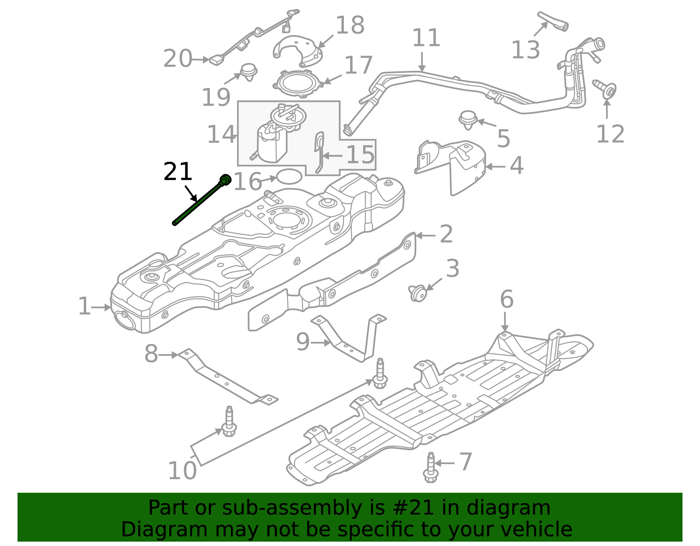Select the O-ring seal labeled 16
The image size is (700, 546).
[x=289, y=177]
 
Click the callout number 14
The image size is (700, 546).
[x=221, y=134]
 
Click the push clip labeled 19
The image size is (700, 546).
[x=249, y=71]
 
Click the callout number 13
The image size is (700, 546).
[x=525, y=50]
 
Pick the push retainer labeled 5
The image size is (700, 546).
[x=468, y=119]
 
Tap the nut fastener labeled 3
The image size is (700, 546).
[x=417, y=292]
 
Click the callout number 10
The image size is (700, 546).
[x=182, y=471]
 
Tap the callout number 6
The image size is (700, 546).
[x=507, y=299]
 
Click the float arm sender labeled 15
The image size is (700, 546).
[x=319, y=153]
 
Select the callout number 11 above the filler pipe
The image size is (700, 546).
[x=426, y=38]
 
